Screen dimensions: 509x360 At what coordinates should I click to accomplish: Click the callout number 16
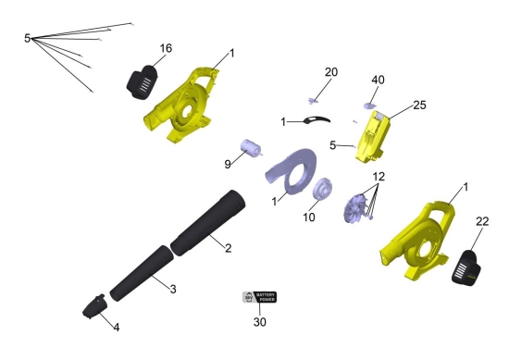[166, 48]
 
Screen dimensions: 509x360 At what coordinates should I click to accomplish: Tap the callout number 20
[331, 72]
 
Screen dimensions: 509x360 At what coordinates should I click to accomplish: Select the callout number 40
[378, 80]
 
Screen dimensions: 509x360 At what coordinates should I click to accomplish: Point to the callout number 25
[419, 106]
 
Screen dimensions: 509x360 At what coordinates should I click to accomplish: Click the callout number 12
[379, 177]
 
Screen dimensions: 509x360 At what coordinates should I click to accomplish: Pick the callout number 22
[482, 221]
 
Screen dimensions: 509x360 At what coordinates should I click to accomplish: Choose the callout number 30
[260, 322]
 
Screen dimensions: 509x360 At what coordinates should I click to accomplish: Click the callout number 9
[228, 164]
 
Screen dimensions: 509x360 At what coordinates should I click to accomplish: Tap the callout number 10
[309, 217]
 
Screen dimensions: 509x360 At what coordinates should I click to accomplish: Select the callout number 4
[117, 328]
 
